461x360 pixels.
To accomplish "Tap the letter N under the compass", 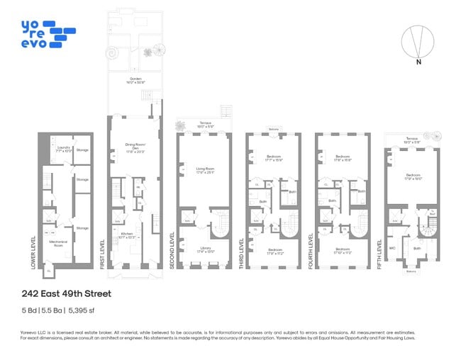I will point(419,62).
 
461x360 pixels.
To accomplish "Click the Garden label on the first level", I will point(133,79).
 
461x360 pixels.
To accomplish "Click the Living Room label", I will point(205,169).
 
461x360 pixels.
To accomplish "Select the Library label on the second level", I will point(204,249).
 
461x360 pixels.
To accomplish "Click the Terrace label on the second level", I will point(205,124).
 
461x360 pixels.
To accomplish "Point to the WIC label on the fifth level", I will point(391,249).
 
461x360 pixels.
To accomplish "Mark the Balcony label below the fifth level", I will point(411,271).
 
